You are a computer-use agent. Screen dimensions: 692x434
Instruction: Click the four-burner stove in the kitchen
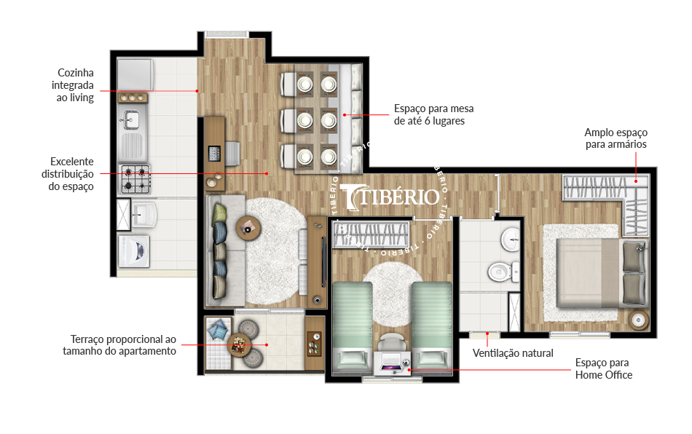[135, 179]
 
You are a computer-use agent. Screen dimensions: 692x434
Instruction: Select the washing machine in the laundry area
[134, 251]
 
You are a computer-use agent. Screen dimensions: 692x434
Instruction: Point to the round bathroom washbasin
[511, 240]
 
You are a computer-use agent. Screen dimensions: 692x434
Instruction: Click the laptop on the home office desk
[391, 362]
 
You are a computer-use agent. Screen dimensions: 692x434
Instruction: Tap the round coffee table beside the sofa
[248, 229]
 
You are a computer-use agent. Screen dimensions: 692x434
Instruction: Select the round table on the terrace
[239, 344]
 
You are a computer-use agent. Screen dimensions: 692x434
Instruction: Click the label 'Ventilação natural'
[513, 353]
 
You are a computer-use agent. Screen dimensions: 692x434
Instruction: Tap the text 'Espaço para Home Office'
[603, 368]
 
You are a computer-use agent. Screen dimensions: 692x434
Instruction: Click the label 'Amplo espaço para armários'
[616, 138]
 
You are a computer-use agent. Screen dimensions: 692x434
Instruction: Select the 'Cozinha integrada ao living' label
[73, 85]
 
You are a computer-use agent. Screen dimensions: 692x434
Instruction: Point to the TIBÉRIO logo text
[390, 197]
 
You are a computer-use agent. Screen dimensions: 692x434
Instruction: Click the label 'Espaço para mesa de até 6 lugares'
[434, 114]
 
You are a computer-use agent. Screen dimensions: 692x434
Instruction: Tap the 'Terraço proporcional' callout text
[119, 345]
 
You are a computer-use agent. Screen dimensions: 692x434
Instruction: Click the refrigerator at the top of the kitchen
[135, 75]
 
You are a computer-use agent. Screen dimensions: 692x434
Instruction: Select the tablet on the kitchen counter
[214, 154]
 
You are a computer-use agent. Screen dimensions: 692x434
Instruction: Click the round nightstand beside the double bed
[638, 320]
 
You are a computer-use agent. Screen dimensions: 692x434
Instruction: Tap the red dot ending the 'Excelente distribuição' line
[267, 174]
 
